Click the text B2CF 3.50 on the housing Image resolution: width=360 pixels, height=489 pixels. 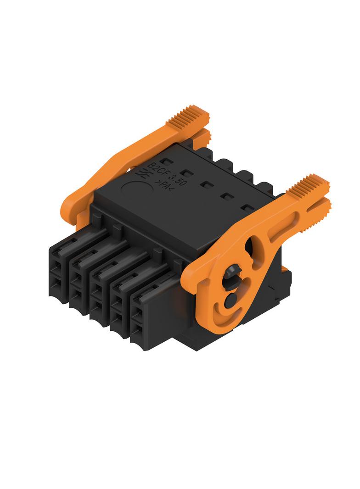tap(167, 174)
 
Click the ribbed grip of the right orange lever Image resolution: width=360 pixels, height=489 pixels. tap(308, 186)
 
